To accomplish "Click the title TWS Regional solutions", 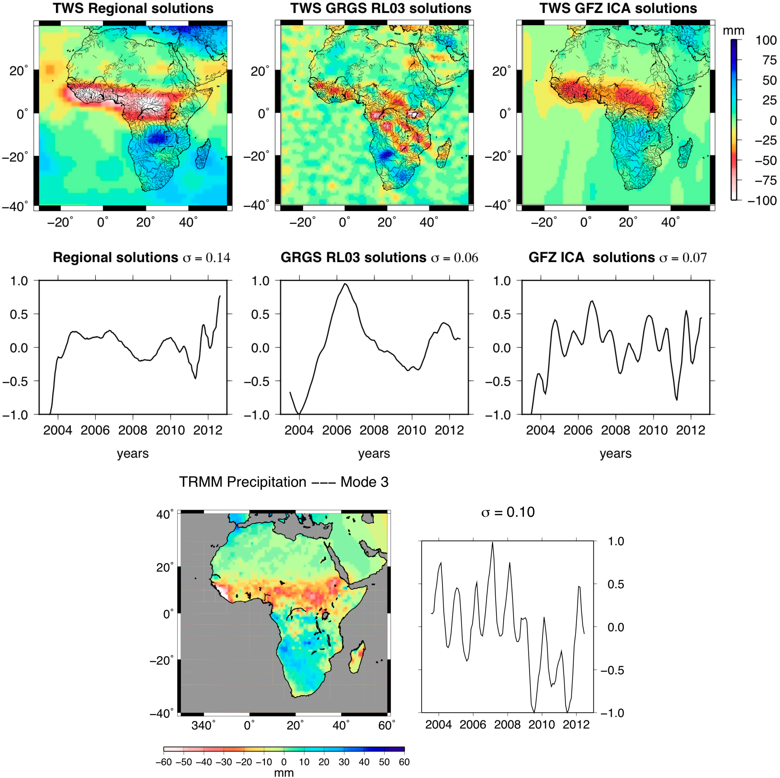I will pyautogui.click(x=133, y=9).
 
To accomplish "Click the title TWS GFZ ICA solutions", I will pyautogui.click(x=618, y=9).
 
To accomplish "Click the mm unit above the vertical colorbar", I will pyautogui.click(x=733, y=31).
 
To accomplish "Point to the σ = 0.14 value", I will pyautogui.click(x=206, y=258).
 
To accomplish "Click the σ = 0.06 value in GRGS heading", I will pyautogui.click(x=454, y=258).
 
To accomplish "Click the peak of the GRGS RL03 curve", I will pyautogui.click(x=345, y=284).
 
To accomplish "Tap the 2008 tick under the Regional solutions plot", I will pyautogui.click(x=133, y=430).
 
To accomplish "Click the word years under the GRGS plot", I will pyautogui.click(x=374, y=453).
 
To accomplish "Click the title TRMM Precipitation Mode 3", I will pyautogui.click(x=283, y=482).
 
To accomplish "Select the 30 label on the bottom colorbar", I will pyautogui.click(x=344, y=762).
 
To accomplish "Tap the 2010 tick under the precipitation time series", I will pyautogui.click(x=541, y=724).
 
